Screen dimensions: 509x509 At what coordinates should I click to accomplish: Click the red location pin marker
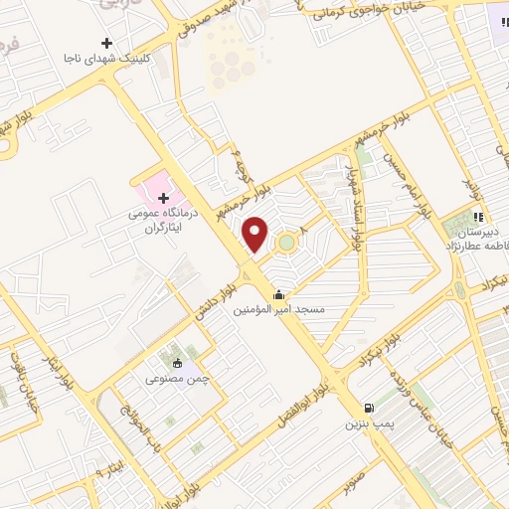256,235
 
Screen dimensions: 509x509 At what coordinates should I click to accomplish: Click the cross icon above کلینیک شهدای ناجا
106,44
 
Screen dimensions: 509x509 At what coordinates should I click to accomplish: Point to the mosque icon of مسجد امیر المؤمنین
278,293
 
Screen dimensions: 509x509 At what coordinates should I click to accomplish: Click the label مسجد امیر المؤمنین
278,310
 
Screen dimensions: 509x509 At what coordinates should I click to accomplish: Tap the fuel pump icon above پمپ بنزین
370,408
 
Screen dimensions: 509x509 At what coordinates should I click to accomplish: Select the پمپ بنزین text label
365,424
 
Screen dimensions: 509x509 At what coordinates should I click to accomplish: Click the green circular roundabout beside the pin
286,241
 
